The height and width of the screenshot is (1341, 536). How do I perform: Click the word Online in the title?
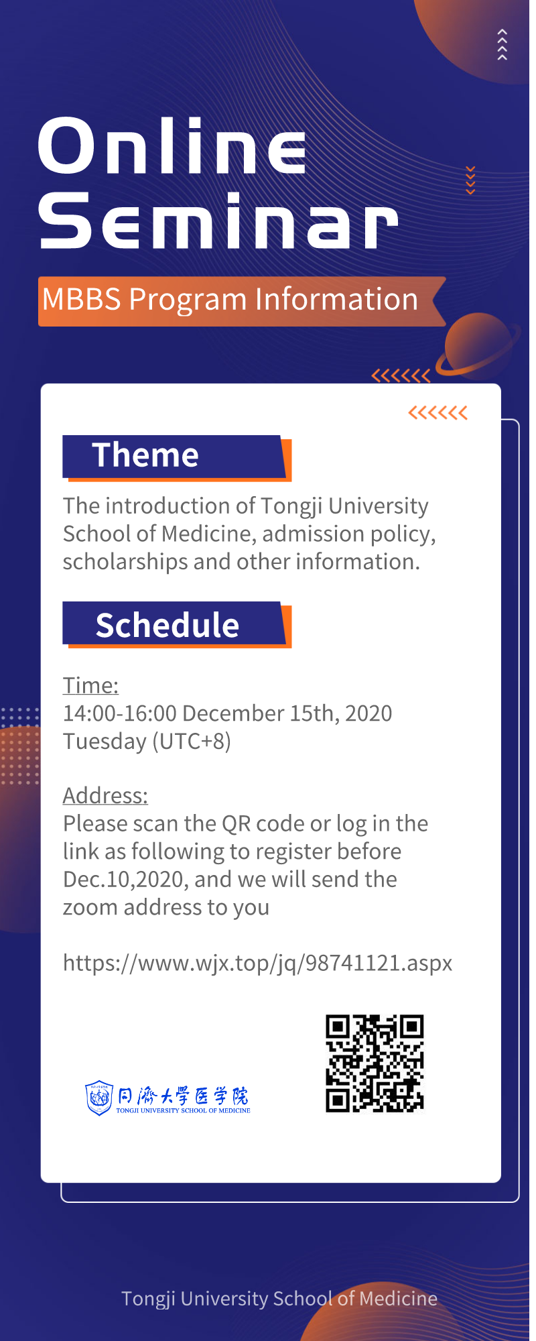tap(172, 145)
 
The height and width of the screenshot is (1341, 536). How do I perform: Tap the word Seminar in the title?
tap(218, 220)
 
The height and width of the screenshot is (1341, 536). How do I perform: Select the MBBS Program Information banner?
tap(242, 301)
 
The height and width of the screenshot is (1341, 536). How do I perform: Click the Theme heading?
tap(145, 455)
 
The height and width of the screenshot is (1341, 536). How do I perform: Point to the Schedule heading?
tap(167, 625)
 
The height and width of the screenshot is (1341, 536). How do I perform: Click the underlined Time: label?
tap(90, 685)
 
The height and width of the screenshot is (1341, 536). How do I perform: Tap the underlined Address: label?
tap(105, 795)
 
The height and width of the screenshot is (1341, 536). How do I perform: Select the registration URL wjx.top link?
tap(257, 964)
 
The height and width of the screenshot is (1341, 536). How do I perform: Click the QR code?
tap(375, 1063)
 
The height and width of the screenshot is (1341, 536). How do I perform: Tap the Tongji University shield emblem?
tap(99, 1098)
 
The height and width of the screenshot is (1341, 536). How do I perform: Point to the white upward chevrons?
tap(503, 45)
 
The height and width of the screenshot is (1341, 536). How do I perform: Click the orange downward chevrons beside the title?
tap(470, 180)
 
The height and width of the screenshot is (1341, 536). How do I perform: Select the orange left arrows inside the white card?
tap(438, 412)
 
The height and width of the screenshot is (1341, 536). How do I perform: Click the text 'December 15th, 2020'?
tap(287, 713)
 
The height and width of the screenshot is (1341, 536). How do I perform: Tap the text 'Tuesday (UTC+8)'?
tap(147, 742)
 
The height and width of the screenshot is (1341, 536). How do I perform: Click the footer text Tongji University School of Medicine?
tap(279, 1299)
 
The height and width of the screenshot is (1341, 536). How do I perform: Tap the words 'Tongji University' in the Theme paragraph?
tap(344, 506)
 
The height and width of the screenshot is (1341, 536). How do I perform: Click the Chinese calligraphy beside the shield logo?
tap(183, 1096)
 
